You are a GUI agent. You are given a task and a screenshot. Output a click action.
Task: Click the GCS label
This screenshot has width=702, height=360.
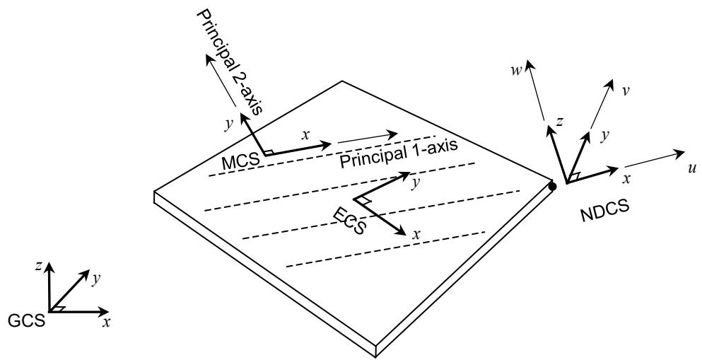(x=27, y=320)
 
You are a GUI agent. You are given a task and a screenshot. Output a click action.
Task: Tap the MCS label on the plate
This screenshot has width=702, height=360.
(x=240, y=162)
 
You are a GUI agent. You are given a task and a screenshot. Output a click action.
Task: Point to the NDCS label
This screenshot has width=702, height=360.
(x=605, y=211)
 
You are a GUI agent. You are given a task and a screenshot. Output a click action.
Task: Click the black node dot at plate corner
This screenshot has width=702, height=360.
(x=552, y=187)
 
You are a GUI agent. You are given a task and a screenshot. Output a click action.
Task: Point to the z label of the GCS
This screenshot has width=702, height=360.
(x=40, y=266)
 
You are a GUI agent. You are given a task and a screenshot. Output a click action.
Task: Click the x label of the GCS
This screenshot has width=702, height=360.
(x=106, y=323)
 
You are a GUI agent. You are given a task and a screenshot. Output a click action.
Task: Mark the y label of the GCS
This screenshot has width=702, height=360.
(x=96, y=279)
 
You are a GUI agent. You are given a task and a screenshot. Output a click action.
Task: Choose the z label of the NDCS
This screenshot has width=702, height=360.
(x=559, y=121)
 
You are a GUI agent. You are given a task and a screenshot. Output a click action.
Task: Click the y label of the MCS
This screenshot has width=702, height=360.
(x=228, y=123)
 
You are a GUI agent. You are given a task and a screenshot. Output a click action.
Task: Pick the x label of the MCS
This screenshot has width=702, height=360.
(x=305, y=135)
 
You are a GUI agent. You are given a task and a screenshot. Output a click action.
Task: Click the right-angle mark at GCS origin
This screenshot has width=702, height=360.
(x=62, y=308)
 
